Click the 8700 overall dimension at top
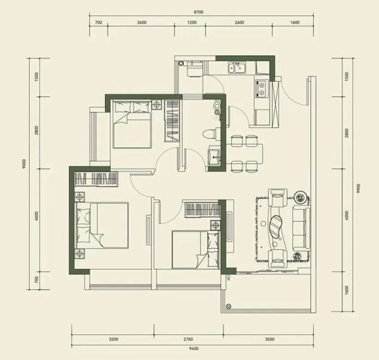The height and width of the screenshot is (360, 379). pyautogui.click(x=198, y=12)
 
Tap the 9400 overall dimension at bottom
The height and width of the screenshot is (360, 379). pyautogui.click(x=194, y=349)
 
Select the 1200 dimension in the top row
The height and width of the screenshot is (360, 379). pyautogui.click(x=192, y=23)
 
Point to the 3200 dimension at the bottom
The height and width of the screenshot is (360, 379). pyautogui.click(x=114, y=339)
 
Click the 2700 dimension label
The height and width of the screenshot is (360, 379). pyautogui.click(x=188, y=339)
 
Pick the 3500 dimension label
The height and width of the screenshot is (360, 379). pyautogui.click(x=269, y=339)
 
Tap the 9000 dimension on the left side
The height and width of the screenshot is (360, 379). pyautogui.click(x=24, y=164)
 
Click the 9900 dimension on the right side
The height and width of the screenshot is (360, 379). pyautogui.click(x=358, y=188)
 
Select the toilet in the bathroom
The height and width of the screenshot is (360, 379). pyautogui.click(x=209, y=134)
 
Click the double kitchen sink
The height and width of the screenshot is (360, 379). pyautogui.click(x=237, y=67)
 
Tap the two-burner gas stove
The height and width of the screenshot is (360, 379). pyautogui.click(x=261, y=89)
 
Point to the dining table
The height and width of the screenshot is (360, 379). pyautogui.click(x=244, y=153)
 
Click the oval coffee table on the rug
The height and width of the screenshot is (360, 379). pyautogui.click(x=276, y=226)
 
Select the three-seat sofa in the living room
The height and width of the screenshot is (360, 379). pyautogui.click(x=301, y=229)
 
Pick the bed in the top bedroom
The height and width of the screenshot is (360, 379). pyautogui.click(x=132, y=124)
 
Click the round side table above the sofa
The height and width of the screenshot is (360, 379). pyautogui.click(x=300, y=198)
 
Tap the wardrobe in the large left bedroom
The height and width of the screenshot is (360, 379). pyautogui.click(x=96, y=179)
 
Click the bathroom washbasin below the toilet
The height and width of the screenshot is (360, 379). pyautogui.click(x=214, y=156)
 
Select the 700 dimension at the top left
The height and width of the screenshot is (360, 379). pyautogui.click(x=98, y=23)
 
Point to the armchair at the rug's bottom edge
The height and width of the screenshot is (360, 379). pyautogui.click(x=277, y=258)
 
